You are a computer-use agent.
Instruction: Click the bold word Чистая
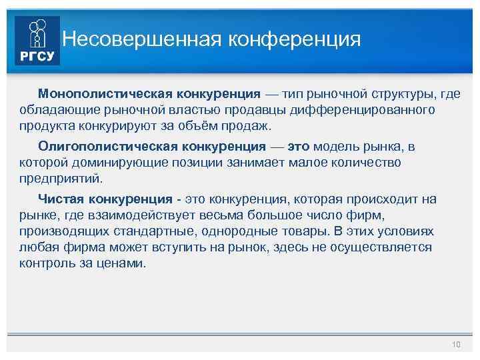coord(62,199)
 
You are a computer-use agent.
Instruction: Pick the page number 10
coord(456,344)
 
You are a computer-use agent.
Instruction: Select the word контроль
coord(49,263)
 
